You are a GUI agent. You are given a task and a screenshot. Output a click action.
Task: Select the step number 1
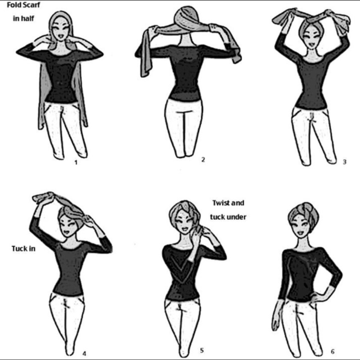click(x=76, y=162)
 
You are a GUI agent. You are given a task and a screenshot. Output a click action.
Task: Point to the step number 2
click(x=203, y=160)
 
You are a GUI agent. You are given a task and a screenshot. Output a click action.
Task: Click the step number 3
click(x=344, y=162)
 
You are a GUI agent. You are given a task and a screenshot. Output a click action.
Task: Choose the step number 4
click(x=84, y=354)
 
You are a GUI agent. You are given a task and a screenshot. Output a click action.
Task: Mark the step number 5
click(x=202, y=351)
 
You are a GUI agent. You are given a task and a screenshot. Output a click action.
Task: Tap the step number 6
click(x=333, y=351)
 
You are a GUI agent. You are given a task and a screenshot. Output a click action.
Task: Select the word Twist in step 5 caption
click(x=220, y=203)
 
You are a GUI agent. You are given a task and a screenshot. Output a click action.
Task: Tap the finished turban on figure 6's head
click(x=303, y=213)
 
